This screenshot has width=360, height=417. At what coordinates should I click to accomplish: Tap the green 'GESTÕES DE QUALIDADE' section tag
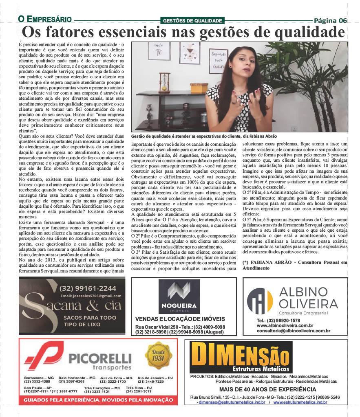point(192,21)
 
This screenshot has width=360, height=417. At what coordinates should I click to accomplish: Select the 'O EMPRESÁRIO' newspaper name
point(45,20)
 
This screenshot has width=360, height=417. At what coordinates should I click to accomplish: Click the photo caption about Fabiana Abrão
point(204,136)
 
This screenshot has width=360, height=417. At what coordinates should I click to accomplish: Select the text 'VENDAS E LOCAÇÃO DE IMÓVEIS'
point(180,319)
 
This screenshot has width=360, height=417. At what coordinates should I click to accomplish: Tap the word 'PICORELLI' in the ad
point(100,358)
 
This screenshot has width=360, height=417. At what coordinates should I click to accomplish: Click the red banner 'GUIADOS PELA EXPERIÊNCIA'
point(98,400)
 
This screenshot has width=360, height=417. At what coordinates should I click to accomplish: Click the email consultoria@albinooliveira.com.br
point(294,331)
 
